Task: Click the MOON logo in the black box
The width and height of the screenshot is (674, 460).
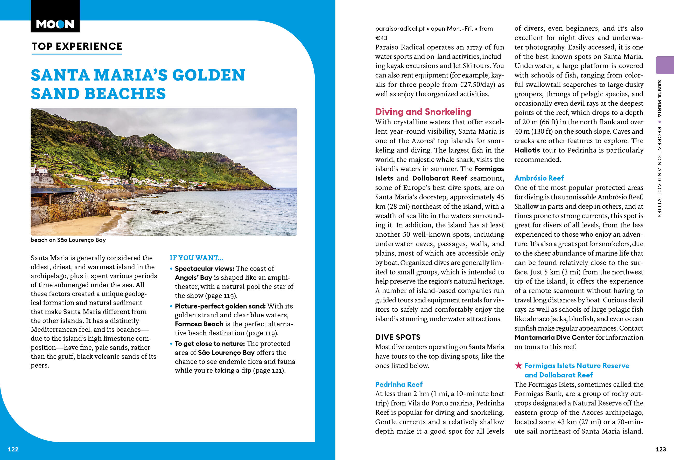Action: click(55, 24)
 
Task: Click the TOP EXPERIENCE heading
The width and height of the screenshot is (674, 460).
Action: click(77, 46)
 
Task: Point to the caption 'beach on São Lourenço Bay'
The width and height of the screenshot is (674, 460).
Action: click(68, 240)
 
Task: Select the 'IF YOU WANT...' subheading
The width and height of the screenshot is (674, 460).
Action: click(196, 258)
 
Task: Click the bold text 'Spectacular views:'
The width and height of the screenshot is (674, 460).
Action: click(204, 269)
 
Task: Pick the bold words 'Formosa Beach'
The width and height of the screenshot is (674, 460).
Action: click(199, 324)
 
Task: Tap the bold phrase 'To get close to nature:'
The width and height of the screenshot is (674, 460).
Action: click(210, 344)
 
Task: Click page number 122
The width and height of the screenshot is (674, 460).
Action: click(13, 449)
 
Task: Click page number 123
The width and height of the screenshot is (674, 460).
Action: click(661, 449)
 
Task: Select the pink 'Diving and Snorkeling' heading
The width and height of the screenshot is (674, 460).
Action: click(423, 112)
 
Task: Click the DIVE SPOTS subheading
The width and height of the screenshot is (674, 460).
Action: click(398, 337)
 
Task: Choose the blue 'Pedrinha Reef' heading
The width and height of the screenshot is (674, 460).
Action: click(399, 384)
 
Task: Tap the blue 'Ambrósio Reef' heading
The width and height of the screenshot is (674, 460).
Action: click(539, 178)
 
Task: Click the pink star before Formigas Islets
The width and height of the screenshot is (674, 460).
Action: click(518, 366)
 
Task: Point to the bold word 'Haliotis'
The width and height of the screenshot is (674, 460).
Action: click(527, 150)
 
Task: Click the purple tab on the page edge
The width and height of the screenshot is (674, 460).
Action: click(665, 65)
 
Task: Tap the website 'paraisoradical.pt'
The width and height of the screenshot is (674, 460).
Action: click(400, 29)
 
